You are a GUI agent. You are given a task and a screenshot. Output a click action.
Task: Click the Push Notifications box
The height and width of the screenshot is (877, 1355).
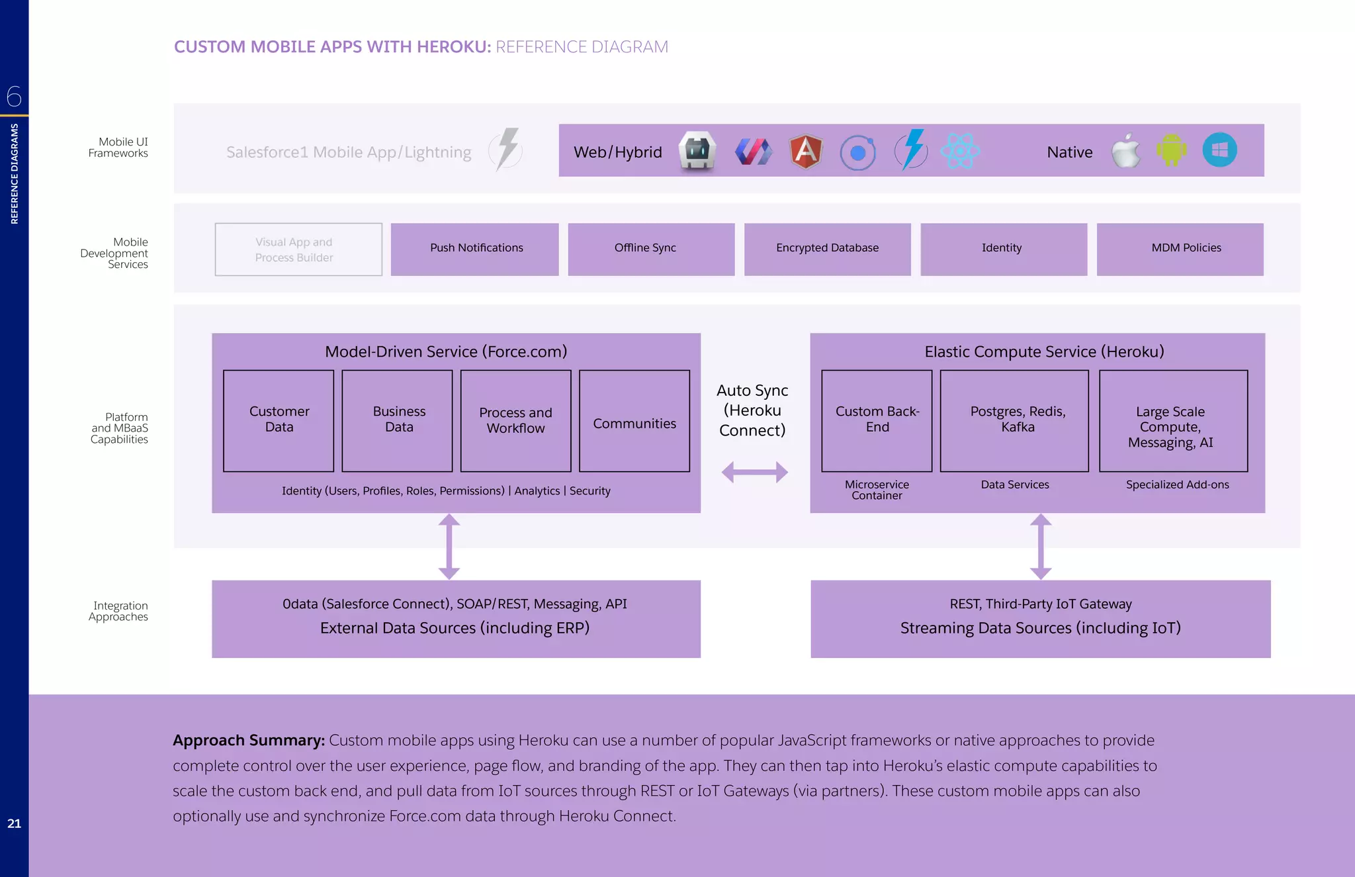pos(474,249)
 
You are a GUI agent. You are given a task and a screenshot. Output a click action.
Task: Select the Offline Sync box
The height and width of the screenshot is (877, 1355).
pos(651,249)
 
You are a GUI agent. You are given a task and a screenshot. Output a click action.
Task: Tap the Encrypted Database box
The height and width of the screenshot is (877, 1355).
pos(827,249)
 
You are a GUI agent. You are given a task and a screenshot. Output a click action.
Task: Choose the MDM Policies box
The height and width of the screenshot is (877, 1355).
pos(1180,249)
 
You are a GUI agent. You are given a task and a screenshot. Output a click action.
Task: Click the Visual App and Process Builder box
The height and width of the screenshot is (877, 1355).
pos(298,250)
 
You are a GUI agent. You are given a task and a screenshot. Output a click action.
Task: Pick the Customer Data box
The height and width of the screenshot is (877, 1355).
pos(279,420)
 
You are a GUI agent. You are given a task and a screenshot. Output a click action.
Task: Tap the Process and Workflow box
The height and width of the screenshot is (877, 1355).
pos(515,420)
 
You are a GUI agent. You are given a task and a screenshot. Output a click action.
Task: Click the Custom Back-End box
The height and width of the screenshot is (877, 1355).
pos(877,420)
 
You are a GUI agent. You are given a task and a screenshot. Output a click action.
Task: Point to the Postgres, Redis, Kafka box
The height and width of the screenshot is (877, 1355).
pos(1014,420)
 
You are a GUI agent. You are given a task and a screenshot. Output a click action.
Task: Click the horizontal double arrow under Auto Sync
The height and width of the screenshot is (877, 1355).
pos(754,472)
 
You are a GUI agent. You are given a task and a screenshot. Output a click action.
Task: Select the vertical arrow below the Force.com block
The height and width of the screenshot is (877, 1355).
pos(449,547)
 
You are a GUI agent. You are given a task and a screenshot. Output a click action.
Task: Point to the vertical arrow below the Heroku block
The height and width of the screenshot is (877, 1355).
pos(1041,547)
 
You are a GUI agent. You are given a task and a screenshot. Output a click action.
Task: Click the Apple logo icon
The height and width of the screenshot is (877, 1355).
pos(1126,152)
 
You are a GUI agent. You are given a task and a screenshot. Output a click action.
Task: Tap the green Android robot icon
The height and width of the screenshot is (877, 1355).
pos(1171,150)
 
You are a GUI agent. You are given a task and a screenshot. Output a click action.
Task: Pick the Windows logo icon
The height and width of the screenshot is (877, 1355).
pos(1219,150)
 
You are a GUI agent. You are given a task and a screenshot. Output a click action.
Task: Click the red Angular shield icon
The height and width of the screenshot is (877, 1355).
pos(806,152)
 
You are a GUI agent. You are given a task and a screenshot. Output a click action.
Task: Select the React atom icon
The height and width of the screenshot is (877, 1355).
pos(960,151)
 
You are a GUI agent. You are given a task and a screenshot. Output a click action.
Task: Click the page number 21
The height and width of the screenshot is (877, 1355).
pos(14,823)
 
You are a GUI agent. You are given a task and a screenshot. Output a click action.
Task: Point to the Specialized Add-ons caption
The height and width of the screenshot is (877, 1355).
pos(1177,485)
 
